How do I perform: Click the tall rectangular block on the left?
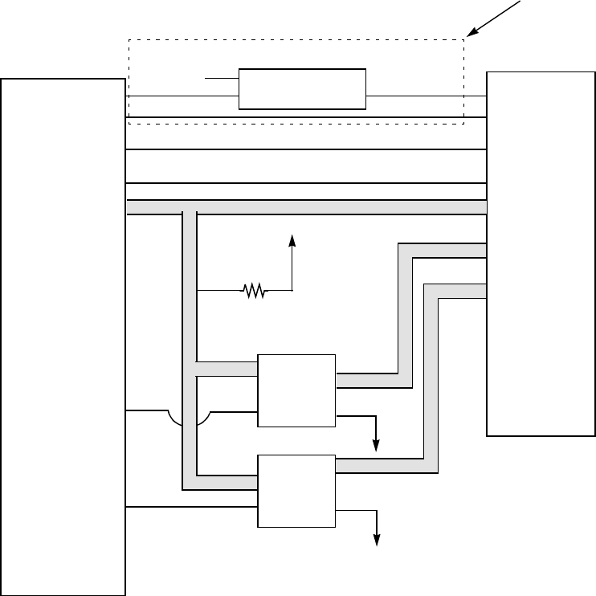pyautogui.click(x=63, y=337)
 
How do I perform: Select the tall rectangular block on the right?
pyautogui.click(x=541, y=253)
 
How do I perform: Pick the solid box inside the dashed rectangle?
pyautogui.click(x=303, y=89)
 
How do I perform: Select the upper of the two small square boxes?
pyautogui.click(x=296, y=390)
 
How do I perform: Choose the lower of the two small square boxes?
pyautogui.click(x=296, y=491)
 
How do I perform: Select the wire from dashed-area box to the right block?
pyautogui.click(x=426, y=96)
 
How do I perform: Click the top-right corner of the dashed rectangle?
pyautogui.click(x=464, y=39)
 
